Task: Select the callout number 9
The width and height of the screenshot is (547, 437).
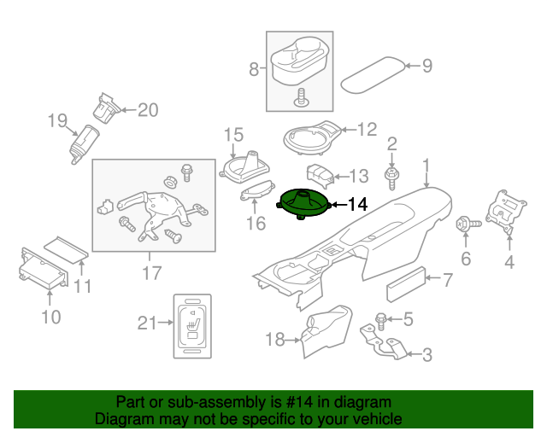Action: pyautogui.click(x=427, y=66)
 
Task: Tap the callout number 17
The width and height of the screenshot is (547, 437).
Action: pyautogui.click(x=151, y=273)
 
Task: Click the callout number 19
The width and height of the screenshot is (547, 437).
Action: pyautogui.click(x=56, y=121)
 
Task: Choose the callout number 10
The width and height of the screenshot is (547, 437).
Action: pyautogui.click(x=50, y=318)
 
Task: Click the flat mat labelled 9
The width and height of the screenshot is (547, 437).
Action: pyautogui.click(x=374, y=74)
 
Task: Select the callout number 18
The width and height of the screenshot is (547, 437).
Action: pyautogui.click(x=274, y=340)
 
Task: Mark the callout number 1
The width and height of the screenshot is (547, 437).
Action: pyautogui.click(x=425, y=165)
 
